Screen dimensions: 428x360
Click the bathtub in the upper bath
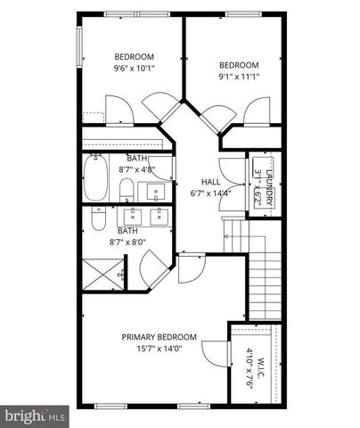(x=94, y=179)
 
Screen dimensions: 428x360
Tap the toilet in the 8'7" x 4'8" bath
(x=127, y=189)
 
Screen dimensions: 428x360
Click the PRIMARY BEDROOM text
(x=159, y=336)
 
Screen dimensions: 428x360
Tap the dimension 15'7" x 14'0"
(x=159, y=350)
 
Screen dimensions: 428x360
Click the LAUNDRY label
(x=266, y=188)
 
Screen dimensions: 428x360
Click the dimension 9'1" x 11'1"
(x=239, y=78)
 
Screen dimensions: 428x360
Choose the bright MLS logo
(x=35, y=416)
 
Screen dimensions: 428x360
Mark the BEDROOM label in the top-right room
(x=239, y=65)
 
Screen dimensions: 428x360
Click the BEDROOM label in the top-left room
(x=134, y=55)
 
